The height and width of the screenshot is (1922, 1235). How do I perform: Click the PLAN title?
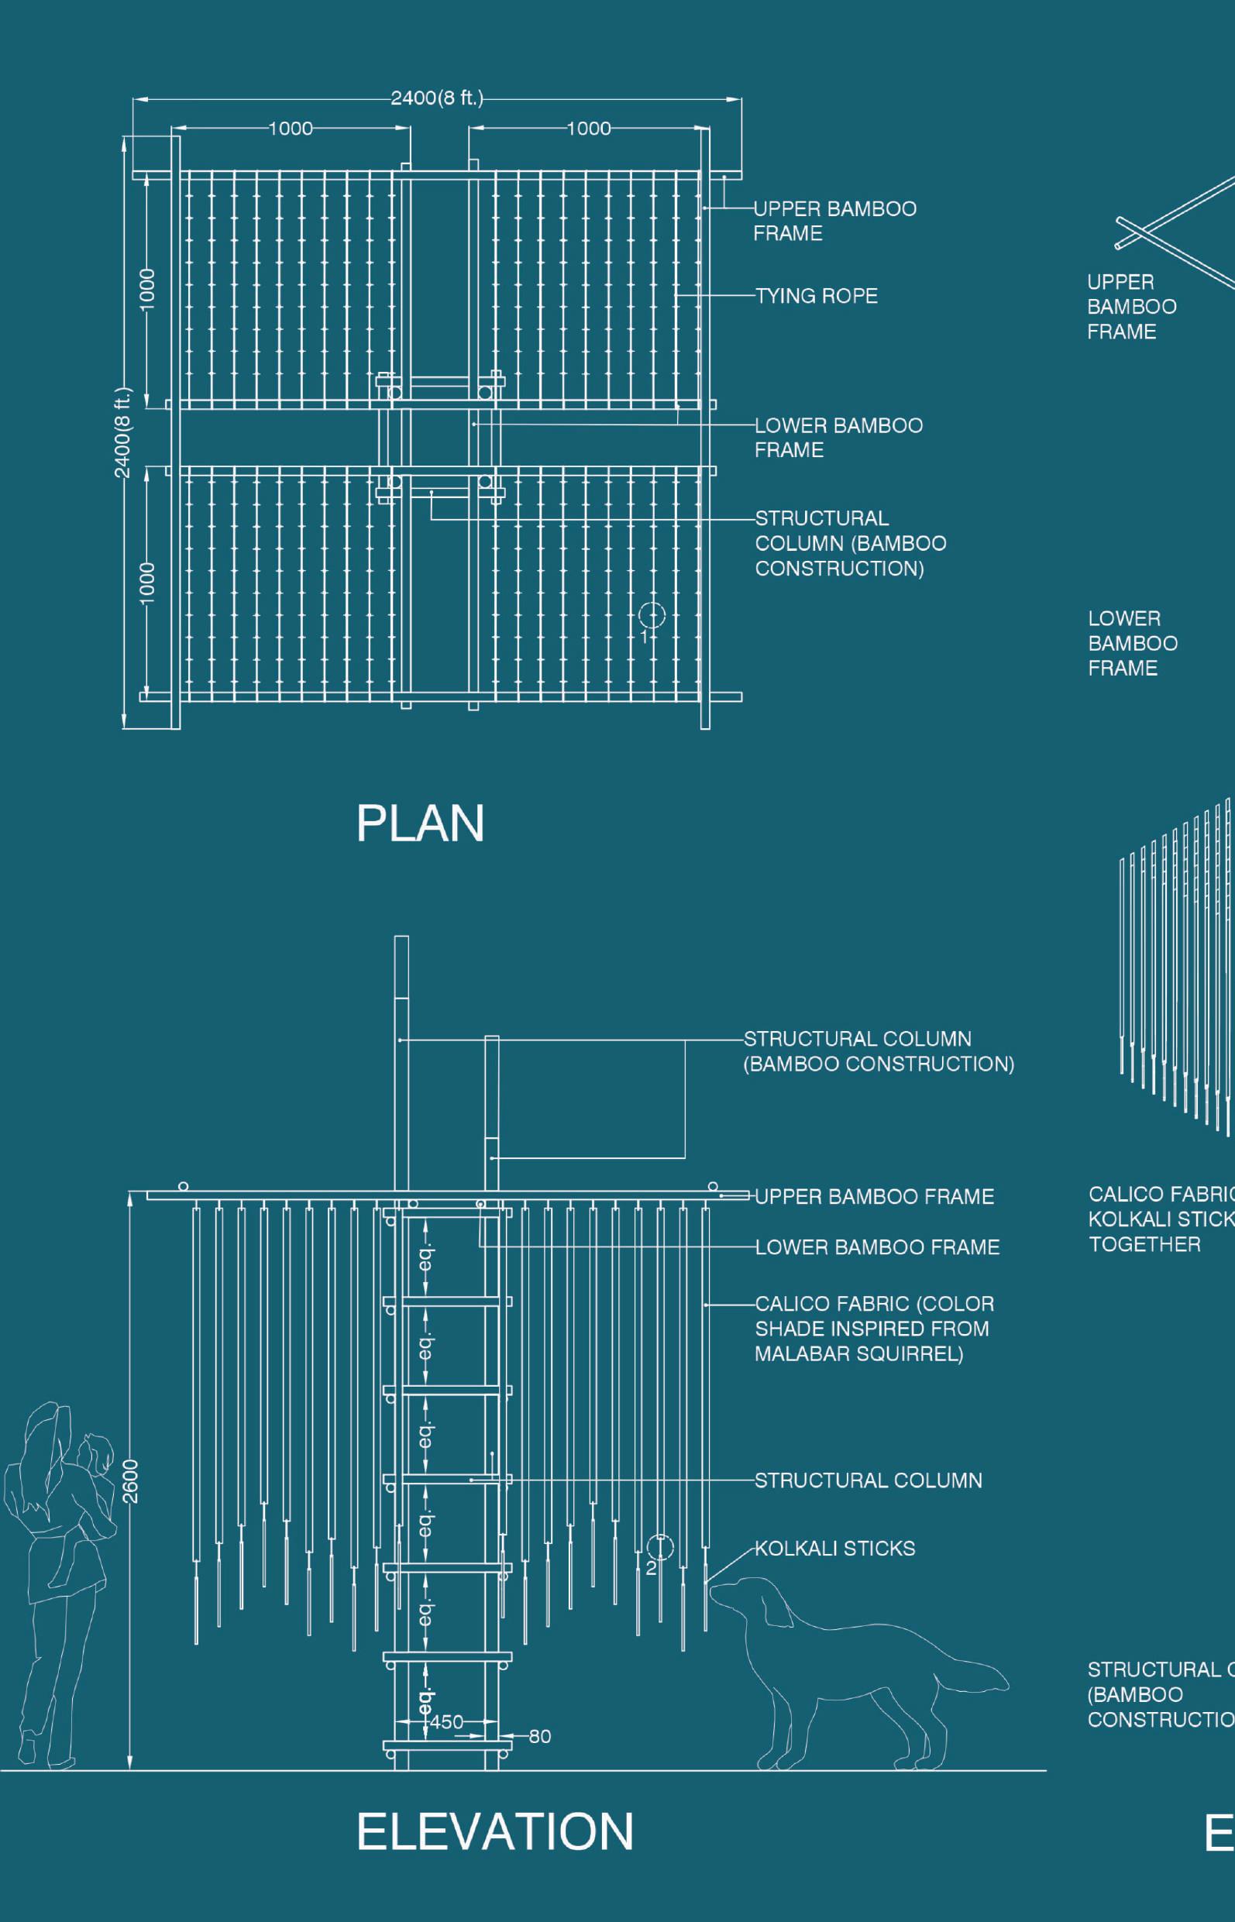pyautogui.click(x=420, y=823)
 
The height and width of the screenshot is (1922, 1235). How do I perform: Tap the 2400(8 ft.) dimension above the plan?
pyautogui.click(x=437, y=98)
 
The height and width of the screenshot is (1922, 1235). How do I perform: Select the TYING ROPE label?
pyautogui.click(x=817, y=296)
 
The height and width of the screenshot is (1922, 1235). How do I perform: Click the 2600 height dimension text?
pyautogui.click(x=131, y=1481)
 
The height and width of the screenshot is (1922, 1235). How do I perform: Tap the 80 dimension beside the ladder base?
pyautogui.click(x=539, y=1736)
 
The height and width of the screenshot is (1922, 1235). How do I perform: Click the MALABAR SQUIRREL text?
pyautogui.click(x=858, y=1353)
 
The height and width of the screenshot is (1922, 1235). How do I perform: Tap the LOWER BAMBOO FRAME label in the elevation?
pyautogui.click(x=876, y=1246)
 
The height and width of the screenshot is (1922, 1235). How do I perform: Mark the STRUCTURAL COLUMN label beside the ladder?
pyautogui.click(x=868, y=1480)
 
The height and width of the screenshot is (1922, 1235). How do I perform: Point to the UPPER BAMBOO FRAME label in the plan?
pyautogui.click(x=834, y=221)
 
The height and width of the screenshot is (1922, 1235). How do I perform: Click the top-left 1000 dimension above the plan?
pyautogui.click(x=291, y=129)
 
